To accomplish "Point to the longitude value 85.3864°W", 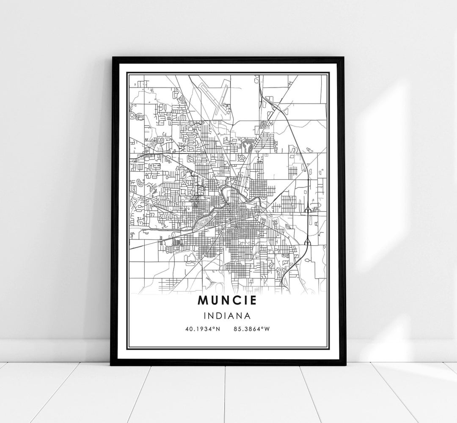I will [251, 328].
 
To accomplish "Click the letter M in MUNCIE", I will [203, 301].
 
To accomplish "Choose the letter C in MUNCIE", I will [236, 301].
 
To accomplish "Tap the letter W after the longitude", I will [267, 328].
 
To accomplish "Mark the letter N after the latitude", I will [219, 328].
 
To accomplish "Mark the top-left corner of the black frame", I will [112, 58].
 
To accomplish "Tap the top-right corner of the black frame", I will [345, 58].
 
